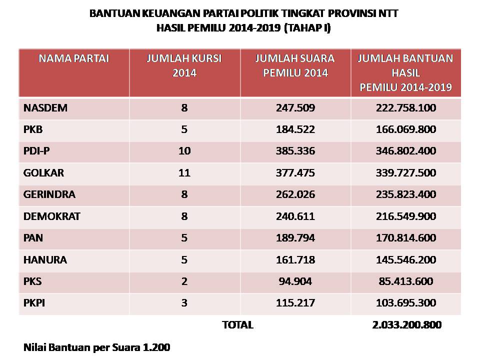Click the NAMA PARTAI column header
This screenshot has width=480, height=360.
click(74, 58)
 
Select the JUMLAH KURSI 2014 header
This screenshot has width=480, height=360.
click(184, 65)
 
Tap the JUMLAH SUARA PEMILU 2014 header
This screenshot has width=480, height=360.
click(295, 65)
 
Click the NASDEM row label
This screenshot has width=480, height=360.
click(45, 108)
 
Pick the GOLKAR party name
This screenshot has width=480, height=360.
click(44, 173)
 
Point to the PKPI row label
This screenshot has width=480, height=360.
click(34, 303)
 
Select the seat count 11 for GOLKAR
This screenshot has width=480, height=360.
click(184, 173)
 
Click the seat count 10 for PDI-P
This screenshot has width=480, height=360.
click(184, 151)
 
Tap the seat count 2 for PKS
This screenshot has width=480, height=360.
click(184, 281)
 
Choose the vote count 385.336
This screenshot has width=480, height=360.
click(295, 151)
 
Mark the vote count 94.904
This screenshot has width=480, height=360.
click(295, 281)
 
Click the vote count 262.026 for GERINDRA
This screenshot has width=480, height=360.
click(295, 194)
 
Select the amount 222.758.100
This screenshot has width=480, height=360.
click(406, 108)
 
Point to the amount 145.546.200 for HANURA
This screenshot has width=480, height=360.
click(406, 260)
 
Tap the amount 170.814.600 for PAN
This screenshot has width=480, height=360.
click(406, 238)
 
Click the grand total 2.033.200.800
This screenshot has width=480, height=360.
click(407, 325)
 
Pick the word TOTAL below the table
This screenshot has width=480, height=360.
click(237, 325)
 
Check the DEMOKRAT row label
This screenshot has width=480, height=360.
click(52, 216)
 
